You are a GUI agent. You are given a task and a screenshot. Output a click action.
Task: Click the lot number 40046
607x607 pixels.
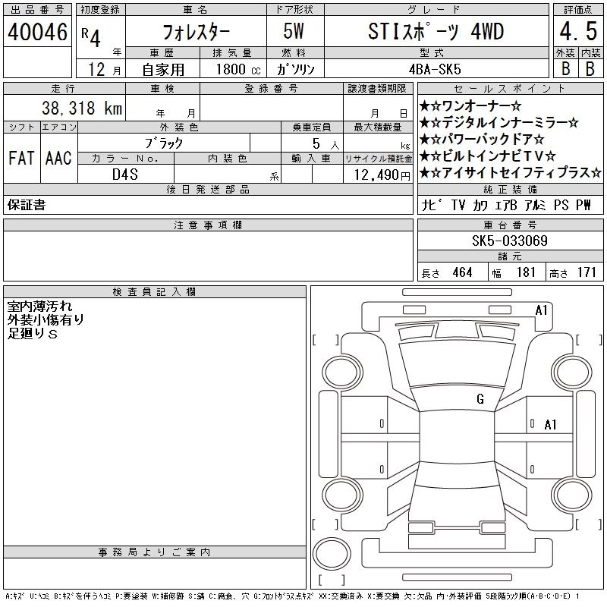coord(37,31)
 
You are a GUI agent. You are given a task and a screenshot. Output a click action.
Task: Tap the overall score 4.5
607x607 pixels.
coord(578,31)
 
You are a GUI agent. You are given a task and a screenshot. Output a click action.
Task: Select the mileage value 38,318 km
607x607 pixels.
coord(82,108)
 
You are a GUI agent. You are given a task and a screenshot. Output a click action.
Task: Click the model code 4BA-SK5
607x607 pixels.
coord(435,69)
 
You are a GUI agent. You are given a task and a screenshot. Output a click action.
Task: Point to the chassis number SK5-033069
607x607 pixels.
coord(510,241)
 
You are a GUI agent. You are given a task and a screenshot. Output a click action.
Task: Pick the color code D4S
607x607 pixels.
coord(125,175)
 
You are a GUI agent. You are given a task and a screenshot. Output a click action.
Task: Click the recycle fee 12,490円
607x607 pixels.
coord(382,175)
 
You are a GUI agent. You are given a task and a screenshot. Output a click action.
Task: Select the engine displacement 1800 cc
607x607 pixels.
coord(238,69)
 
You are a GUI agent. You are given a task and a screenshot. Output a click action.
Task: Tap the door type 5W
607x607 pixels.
coord(294,31)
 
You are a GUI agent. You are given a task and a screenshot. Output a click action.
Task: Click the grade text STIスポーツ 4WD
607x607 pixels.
coord(436,31)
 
